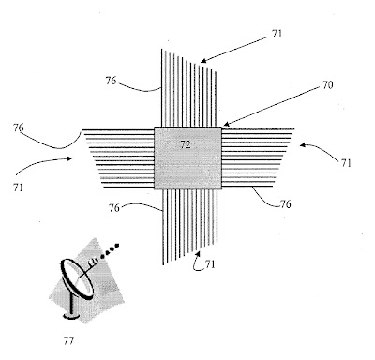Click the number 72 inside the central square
coord(186,144)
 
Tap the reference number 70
coord(327,85)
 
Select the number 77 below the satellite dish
coord(68,340)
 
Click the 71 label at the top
coord(277,34)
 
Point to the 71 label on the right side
coord(346,163)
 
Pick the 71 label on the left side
coord(18,187)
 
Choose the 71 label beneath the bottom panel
coord(210,264)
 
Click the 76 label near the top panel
coord(111,81)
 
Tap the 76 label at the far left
coord(19,127)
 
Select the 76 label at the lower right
coord(285,204)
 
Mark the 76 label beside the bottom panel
coord(114,208)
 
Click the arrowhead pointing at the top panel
coord(203,61)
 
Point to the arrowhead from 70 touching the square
coord(226,124)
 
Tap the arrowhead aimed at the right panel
coord(303,144)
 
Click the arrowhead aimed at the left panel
coord(70,158)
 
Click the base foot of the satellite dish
coord(71,317)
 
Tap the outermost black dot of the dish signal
coord(117,245)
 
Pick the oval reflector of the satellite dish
coord(77,279)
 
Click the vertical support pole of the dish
coord(72,304)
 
